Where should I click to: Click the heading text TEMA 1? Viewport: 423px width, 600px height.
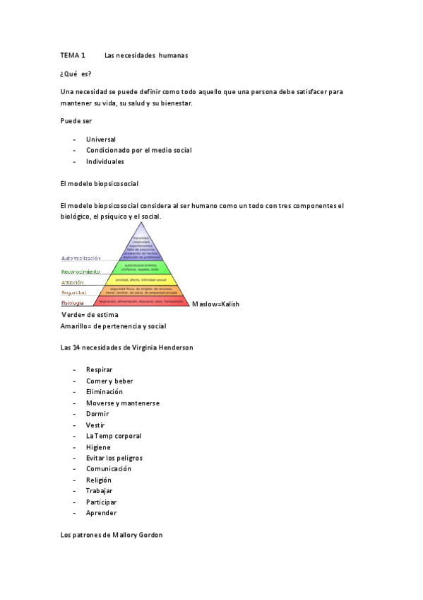pyautogui.click(x=73, y=55)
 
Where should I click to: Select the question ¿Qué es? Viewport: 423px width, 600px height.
pyautogui.click(x=76, y=74)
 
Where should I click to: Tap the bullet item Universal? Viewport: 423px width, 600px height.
pyautogui.click(x=101, y=139)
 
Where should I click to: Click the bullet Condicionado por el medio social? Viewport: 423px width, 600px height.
pyautogui.click(x=138, y=150)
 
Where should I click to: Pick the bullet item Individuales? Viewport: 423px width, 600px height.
pyautogui.click(x=105, y=161)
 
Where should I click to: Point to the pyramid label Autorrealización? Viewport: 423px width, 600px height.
pyautogui.click(x=87, y=258)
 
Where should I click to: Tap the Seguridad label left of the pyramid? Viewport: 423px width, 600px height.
pyautogui.click(x=74, y=293)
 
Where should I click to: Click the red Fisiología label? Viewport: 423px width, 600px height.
pyautogui.click(x=73, y=303)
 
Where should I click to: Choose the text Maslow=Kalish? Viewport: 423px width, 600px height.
pyautogui.click(x=216, y=304)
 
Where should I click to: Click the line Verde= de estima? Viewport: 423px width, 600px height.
pyautogui.click(x=90, y=314)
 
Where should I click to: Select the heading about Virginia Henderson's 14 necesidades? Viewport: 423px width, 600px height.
pyautogui.click(x=127, y=348)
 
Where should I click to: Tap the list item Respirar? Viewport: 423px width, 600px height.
pyautogui.click(x=100, y=370)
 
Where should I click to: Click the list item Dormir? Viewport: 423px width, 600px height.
pyautogui.click(x=98, y=414)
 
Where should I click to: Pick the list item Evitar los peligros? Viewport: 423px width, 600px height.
pyautogui.click(x=114, y=458)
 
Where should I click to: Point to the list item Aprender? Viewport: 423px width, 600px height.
pyautogui.click(x=102, y=513)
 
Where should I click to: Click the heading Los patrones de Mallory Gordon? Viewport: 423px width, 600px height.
pyautogui.click(x=112, y=535)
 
